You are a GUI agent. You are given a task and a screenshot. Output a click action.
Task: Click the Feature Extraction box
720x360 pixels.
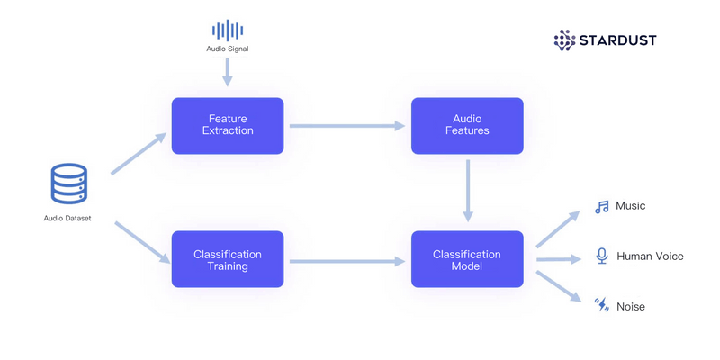coord(228,125)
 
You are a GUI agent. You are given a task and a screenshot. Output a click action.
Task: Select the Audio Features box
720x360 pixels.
coord(467,125)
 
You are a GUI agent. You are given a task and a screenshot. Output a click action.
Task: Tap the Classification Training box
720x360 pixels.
coord(228,260)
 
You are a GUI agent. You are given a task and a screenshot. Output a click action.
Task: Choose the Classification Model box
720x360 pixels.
coord(467,260)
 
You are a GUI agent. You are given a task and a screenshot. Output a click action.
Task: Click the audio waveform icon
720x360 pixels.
coord(228,30)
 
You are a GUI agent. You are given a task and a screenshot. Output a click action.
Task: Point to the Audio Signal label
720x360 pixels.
coord(228,49)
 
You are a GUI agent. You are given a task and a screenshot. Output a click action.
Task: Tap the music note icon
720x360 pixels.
coord(602,207)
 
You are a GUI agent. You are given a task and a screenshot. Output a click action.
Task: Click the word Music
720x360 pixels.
coord(630,206)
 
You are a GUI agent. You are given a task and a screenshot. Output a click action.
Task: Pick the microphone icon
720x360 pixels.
coord(602,256)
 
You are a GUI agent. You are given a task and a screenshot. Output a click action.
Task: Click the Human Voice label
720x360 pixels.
coord(650,256)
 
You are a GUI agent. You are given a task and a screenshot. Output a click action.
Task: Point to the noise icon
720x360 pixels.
coord(602,306)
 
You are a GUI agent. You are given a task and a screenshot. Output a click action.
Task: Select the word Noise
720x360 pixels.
coord(630,307)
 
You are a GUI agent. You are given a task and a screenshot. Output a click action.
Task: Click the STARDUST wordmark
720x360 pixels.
coord(617,40)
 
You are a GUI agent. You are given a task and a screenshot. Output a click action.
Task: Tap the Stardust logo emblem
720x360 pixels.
coord(564,40)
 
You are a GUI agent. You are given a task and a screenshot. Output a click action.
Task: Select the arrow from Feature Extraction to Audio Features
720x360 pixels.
coord(347,126)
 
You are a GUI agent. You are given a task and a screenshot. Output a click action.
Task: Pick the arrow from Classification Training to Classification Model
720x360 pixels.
coord(347,261)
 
